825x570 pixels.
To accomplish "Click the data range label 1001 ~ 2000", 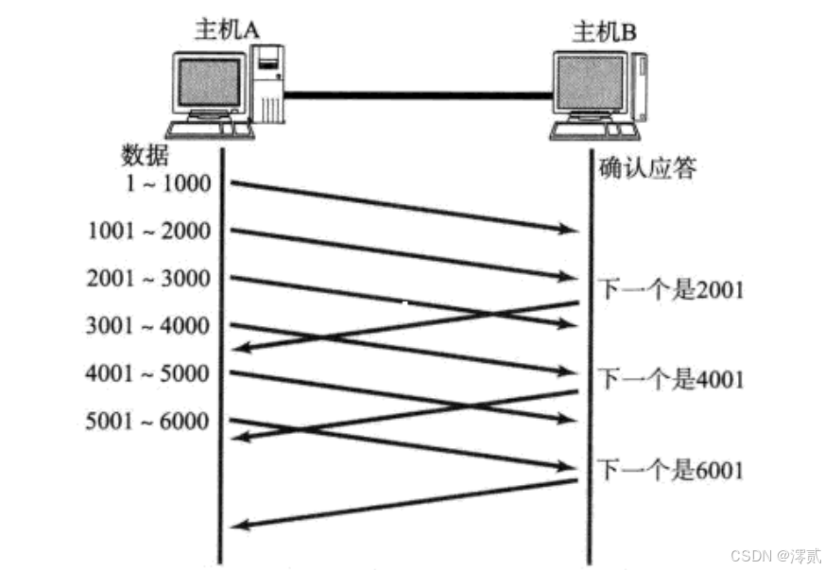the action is [x=148, y=231].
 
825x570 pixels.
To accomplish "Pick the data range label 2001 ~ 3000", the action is [x=148, y=279].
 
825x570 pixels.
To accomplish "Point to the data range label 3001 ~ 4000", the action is [x=148, y=326].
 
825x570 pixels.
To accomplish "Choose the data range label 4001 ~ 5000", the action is [x=148, y=373].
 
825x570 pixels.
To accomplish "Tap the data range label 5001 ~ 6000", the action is [x=148, y=421].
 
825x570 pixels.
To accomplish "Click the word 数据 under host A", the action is [x=144, y=155].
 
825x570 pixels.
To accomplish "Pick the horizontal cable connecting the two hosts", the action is [x=416, y=94].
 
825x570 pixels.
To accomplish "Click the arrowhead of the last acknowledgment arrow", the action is [x=240, y=526].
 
